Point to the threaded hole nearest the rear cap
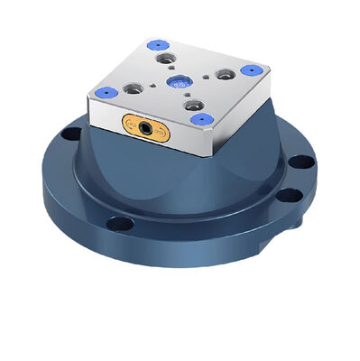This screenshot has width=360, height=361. click(165, 59)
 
